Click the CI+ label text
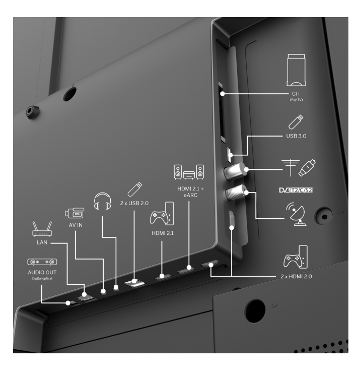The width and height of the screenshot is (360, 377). [x=296, y=94]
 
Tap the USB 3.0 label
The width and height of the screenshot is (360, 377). [x=296, y=136]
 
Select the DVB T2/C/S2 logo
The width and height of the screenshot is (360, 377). [x=296, y=190]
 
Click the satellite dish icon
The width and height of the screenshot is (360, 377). [x=296, y=214]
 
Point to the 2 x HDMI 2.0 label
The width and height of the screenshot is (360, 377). [x=296, y=277]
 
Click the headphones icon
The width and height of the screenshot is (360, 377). [x=102, y=201]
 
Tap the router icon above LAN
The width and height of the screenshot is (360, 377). [x=42, y=229]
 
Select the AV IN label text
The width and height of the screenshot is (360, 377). [x=76, y=225]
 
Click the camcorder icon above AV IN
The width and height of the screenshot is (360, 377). [x=75, y=213]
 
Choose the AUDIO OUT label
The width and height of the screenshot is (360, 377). [x=42, y=272]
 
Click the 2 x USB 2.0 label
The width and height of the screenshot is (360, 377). [x=134, y=203]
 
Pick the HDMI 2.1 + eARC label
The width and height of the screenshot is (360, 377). [x=190, y=192]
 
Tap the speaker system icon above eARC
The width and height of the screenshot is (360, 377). [x=189, y=172]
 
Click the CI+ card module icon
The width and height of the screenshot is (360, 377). [x=296, y=70]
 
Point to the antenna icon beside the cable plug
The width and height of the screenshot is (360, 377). [x=291, y=167]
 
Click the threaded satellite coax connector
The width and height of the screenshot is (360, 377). [x=236, y=193]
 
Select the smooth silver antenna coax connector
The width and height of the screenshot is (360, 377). [x=235, y=171]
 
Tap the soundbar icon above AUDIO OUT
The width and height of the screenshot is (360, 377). [x=42, y=262]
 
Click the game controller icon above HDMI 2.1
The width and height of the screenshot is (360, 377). [x=162, y=214]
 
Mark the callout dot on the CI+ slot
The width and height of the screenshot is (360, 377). [x=223, y=94]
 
